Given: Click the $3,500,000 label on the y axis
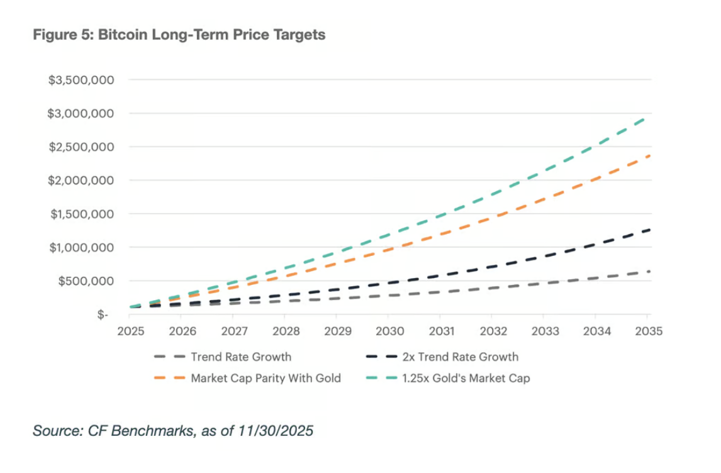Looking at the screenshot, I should coord(82,81).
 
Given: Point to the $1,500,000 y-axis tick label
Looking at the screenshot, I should coord(82,214).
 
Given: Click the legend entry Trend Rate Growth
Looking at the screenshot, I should coord(241,357).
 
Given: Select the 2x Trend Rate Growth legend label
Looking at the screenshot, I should coord(460,357).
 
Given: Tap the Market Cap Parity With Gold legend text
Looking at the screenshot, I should coord(265,379).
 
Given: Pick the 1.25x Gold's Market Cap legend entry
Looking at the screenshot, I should coord(466,379).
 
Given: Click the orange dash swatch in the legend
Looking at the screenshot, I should coord(169,379).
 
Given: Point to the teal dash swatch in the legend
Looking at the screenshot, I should coord(381,379).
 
